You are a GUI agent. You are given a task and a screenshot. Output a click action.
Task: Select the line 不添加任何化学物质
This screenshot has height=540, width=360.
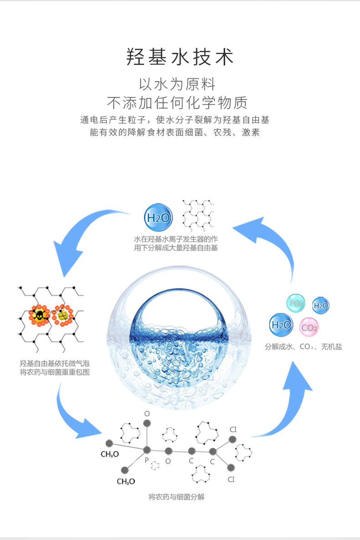(x=177, y=103)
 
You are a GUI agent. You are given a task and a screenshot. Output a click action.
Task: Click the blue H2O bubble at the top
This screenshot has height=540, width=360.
(x=158, y=218)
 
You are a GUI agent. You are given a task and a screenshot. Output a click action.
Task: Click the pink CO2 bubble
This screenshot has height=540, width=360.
(x=309, y=327)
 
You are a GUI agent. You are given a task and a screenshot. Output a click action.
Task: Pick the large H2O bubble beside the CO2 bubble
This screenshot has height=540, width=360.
(x=281, y=324)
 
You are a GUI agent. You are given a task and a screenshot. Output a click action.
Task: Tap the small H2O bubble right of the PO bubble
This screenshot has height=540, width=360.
(x=321, y=306)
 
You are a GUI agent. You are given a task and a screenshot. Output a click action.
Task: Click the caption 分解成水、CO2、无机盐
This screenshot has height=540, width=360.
(x=303, y=347)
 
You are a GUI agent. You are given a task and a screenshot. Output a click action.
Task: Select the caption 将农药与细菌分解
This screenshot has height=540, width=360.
(x=176, y=497)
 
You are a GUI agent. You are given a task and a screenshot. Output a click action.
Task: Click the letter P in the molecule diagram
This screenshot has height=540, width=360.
(x=147, y=461)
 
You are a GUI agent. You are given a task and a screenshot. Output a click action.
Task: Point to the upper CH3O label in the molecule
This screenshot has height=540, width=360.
(x=109, y=454)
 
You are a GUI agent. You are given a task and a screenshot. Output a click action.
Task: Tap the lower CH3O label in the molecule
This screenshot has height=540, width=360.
(x=126, y=481)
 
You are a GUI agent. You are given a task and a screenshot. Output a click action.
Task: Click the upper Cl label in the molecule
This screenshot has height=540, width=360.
(x=233, y=429)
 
